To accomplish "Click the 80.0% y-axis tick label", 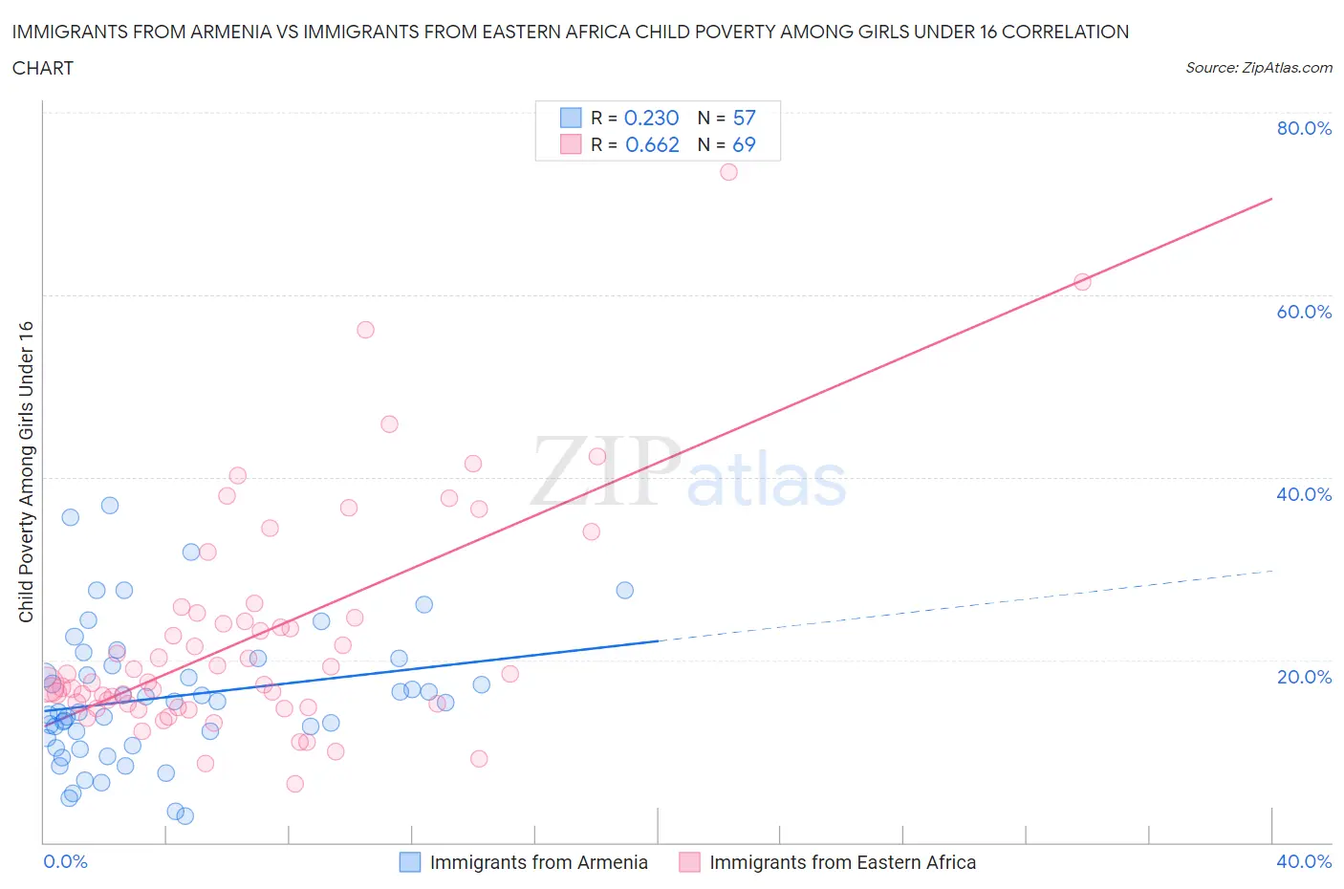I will (x=1304, y=128).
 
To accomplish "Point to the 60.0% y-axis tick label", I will (x=1304, y=312).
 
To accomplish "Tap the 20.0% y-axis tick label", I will (x=1304, y=677).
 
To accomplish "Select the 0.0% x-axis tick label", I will (x=65, y=861).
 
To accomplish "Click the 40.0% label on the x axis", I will (x=1304, y=861).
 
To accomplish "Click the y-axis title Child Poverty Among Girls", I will (x=26, y=471).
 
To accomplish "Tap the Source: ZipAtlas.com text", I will (x=1258, y=68).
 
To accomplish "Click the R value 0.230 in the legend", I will (x=651, y=118).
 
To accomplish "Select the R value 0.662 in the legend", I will (x=652, y=144).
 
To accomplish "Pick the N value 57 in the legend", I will (x=744, y=118).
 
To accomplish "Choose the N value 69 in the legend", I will (x=744, y=144).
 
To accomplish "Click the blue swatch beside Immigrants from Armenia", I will (x=410, y=862).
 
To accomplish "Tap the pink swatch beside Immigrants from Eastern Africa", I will (x=689, y=862).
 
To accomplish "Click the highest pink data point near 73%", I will (x=728, y=172).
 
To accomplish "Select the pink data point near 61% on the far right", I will (x=1082, y=282).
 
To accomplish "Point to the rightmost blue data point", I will (x=624, y=590).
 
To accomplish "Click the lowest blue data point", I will (x=185, y=815).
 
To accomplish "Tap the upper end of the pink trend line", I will (x=1271, y=199).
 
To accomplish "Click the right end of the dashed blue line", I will (x=1271, y=571).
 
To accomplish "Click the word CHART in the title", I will (x=43, y=68).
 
